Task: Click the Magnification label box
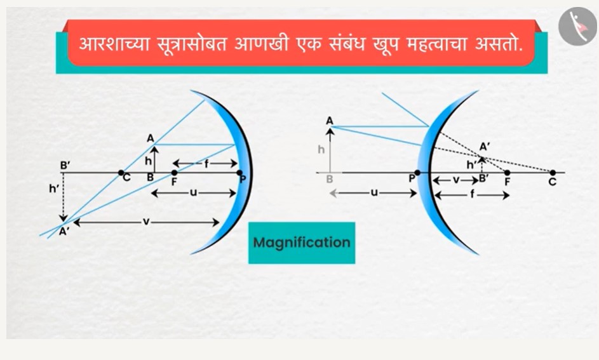coord(302,243)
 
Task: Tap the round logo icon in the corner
coord(577,26)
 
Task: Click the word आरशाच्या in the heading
coord(114,44)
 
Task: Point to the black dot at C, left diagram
coord(121,173)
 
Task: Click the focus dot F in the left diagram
coord(174,173)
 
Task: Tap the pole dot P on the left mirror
coord(239,173)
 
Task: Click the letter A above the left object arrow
coord(151,138)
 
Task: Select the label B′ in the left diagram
coord(65,166)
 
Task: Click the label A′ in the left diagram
coord(64,231)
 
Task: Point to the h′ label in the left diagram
coord(54,188)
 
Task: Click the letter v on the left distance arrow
coord(146,222)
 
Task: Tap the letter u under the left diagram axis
coord(193,193)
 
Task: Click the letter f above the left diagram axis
coord(206,164)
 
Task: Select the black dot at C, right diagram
coord(553,173)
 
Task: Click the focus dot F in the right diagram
coord(508,173)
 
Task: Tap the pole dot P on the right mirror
coord(417,173)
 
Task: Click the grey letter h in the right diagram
coord(321,149)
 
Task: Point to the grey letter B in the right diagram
coord(329,179)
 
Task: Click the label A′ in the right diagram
coord(485,147)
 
